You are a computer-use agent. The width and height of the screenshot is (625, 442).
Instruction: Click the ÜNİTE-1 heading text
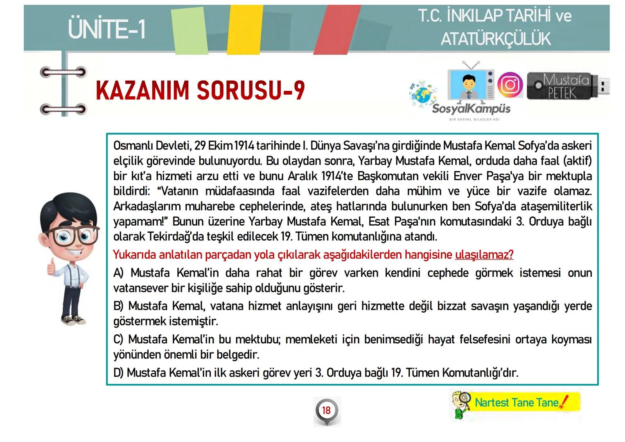pyautogui.click(x=107, y=29)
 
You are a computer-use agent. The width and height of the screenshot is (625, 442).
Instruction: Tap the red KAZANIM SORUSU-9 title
pyautogui.click(x=200, y=90)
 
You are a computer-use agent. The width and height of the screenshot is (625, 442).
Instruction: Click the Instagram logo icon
pyautogui.click(x=510, y=85)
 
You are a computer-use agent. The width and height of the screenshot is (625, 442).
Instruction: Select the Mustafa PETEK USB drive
pyautogui.click(x=567, y=86)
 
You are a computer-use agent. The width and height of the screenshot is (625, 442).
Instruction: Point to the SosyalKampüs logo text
pyautogui.click(x=471, y=109)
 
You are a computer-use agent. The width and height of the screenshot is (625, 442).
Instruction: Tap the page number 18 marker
pyautogui.click(x=326, y=410)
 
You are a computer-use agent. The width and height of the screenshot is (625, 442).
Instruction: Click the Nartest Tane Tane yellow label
pyautogui.click(x=517, y=403)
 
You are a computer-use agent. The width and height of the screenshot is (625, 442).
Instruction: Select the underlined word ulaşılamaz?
pyautogui.click(x=484, y=255)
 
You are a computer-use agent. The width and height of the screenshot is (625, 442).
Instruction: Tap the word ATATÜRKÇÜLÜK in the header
pyautogui.click(x=496, y=39)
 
